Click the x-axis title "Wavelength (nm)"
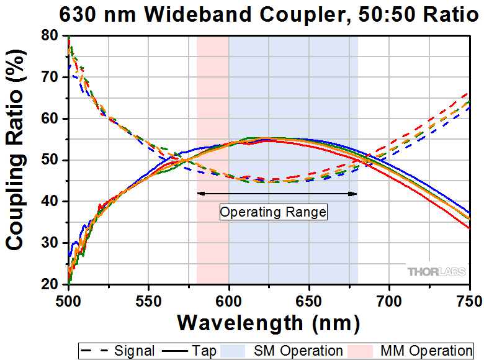point(268,323)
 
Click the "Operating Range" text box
point(273,212)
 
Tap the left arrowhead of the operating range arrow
point(200,194)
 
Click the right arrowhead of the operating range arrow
point(354,194)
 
